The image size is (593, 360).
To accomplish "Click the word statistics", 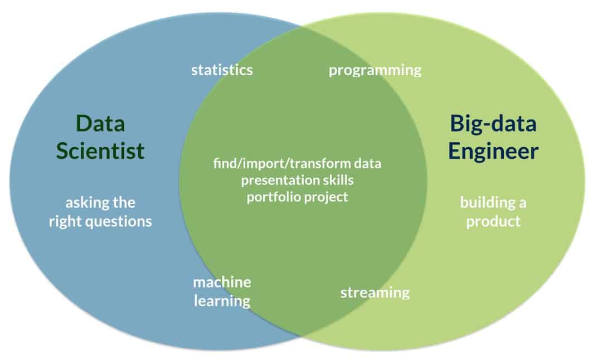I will click(x=222, y=70).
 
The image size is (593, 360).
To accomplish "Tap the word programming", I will click(x=375, y=70).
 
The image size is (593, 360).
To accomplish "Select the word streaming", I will click(x=375, y=292).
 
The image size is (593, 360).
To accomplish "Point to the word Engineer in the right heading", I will click(x=494, y=150).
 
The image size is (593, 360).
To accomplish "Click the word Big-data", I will click(x=493, y=124).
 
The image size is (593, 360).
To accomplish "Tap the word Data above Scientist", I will click(x=100, y=124).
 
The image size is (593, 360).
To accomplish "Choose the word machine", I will click(x=222, y=282).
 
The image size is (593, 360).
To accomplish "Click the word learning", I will click(x=222, y=301).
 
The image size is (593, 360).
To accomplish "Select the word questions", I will click(x=119, y=221).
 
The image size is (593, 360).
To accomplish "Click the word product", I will click(x=493, y=221).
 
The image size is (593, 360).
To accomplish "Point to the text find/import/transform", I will click(x=283, y=164).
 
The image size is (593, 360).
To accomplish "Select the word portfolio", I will click(x=273, y=197).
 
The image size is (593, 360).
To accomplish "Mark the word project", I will click(x=325, y=197).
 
